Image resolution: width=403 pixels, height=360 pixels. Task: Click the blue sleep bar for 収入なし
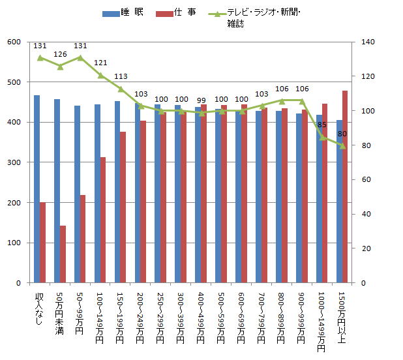pos(37,189)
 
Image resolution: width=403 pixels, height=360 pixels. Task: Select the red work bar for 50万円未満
pos(63,254)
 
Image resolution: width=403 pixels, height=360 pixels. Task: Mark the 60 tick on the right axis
pos(358,180)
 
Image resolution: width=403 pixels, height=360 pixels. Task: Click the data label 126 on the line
pos(60,54)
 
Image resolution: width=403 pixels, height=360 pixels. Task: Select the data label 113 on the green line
pos(121,76)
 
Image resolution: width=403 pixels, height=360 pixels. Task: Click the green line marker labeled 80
pos(342,145)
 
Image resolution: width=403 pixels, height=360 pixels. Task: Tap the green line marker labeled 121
pos(100,75)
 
